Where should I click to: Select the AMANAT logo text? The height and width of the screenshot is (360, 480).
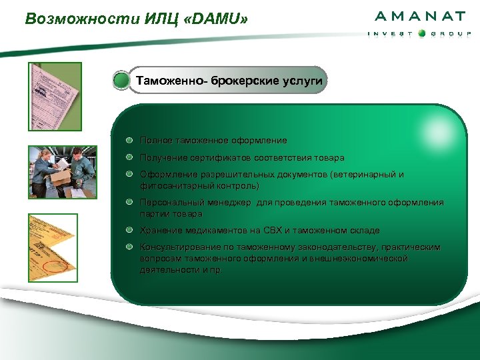click(420, 17)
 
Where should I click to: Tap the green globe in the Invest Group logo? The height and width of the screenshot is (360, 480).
click(421, 34)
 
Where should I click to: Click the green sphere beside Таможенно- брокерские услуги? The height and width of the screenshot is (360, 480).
click(121, 81)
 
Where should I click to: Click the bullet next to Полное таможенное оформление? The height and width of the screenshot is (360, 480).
click(130, 141)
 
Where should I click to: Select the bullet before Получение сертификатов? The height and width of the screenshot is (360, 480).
click(130, 158)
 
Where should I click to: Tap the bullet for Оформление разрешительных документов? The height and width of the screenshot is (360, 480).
click(130, 175)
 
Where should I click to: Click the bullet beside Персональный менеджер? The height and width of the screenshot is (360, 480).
click(130, 203)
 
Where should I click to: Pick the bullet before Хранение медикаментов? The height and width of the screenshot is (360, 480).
click(130, 230)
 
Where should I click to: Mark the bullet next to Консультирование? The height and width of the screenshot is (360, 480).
click(130, 247)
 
